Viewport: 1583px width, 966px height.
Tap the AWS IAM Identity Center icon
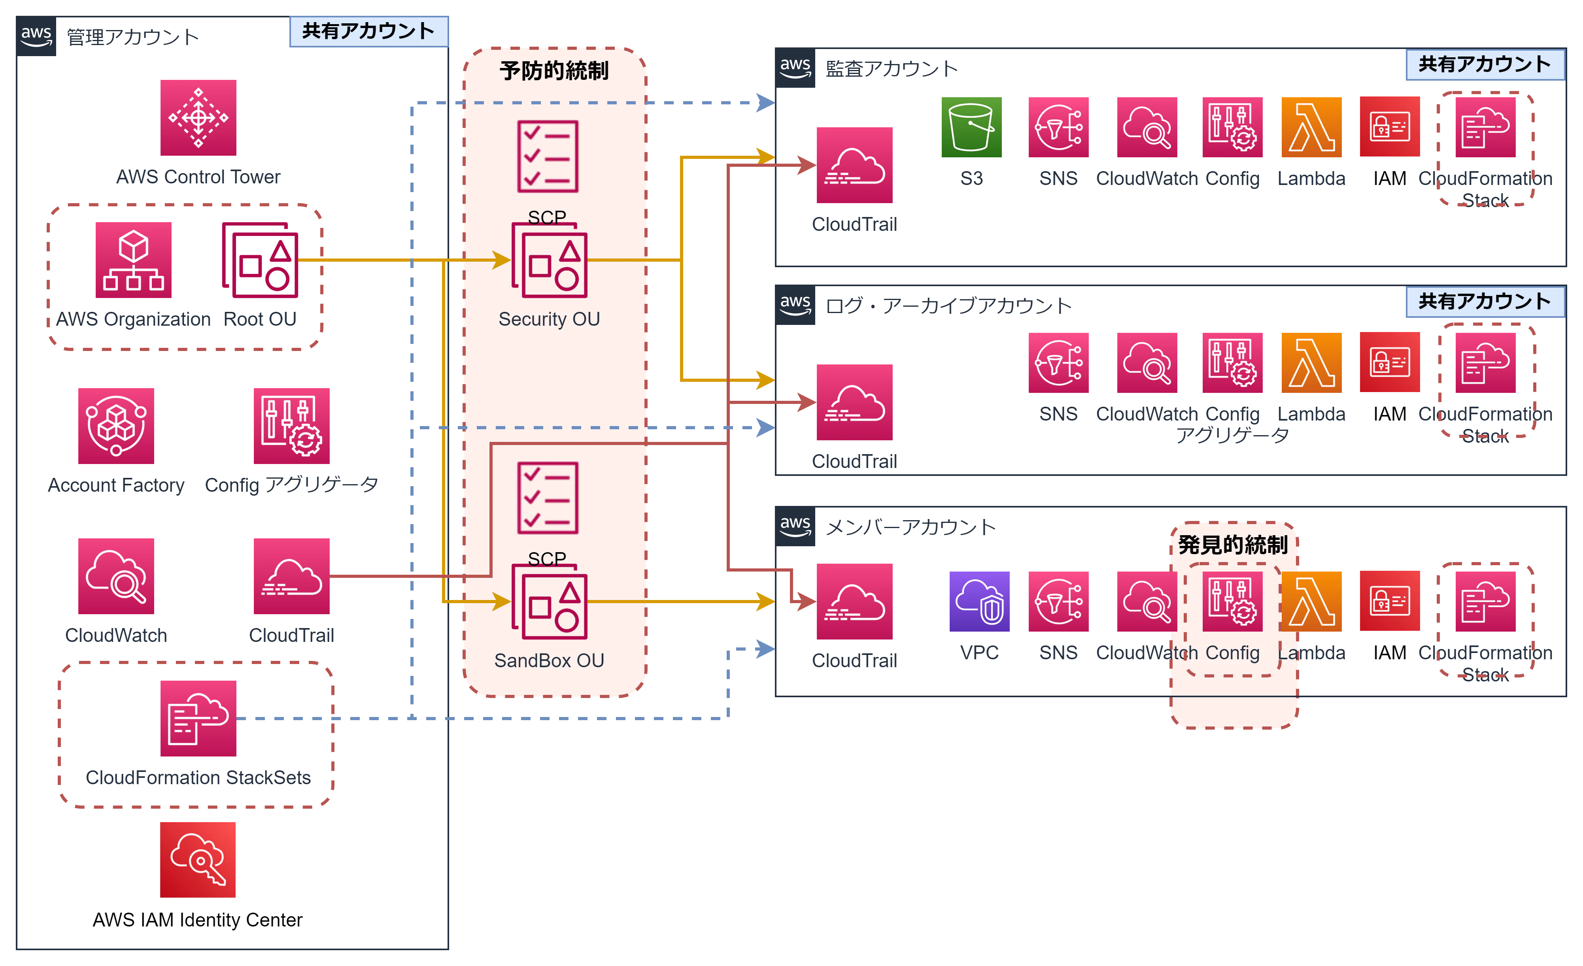tap(198, 859)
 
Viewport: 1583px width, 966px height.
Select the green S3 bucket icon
tap(971, 126)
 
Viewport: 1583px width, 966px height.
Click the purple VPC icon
tap(980, 600)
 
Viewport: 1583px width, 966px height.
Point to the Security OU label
tap(549, 319)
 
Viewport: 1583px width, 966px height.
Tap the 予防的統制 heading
tap(554, 71)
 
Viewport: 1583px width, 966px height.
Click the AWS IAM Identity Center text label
tap(198, 921)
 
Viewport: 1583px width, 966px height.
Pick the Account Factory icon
tap(115, 425)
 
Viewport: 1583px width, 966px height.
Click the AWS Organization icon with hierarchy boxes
tap(134, 261)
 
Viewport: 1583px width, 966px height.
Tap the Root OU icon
tap(261, 261)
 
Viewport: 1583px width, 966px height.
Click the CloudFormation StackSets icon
tap(198, 719)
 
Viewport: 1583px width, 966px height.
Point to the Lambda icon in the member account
tap(1312, 600)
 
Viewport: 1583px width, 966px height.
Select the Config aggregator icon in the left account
tap(292, 425)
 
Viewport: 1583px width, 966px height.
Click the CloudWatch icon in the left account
tap(115, 577)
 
